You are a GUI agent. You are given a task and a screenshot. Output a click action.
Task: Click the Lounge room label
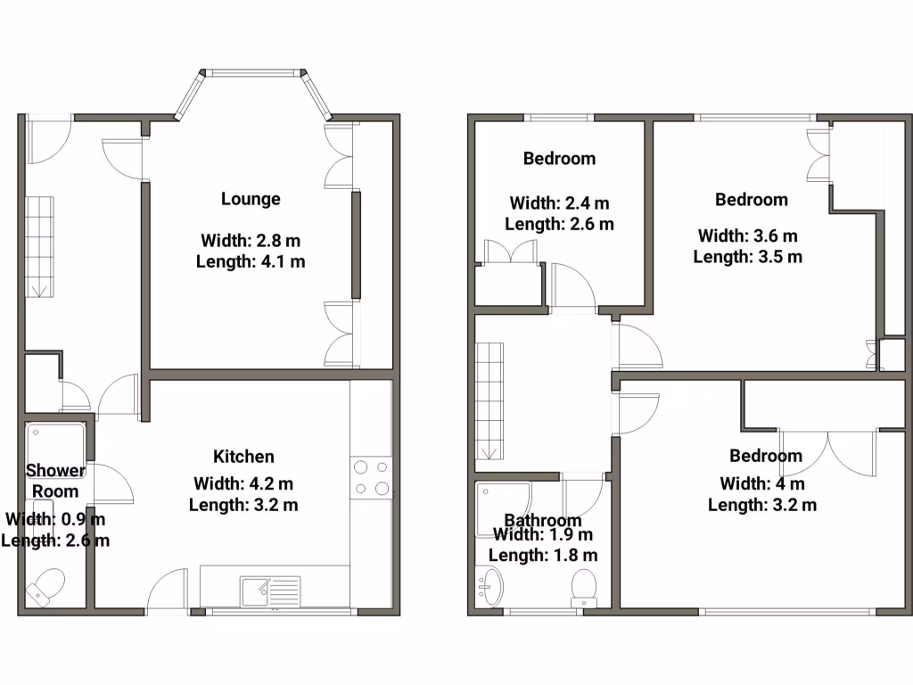coord(251,199)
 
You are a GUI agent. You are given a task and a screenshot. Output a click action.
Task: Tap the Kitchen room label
coord(243,457)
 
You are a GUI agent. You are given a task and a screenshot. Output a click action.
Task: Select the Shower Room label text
coord(55,481)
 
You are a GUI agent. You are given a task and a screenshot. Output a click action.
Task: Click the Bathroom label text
coord(543,520)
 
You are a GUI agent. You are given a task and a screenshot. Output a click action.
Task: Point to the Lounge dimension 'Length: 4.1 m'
coord(250,261)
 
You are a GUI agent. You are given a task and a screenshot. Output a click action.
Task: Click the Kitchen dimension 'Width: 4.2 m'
coord(243,483)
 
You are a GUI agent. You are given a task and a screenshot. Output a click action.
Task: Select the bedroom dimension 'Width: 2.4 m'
coord(559,203)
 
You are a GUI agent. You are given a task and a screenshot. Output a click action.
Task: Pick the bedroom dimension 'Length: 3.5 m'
coord(747,257)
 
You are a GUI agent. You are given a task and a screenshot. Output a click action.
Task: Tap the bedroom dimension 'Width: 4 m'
coord(762,483)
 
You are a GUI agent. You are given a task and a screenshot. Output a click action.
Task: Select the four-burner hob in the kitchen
coord(371,477)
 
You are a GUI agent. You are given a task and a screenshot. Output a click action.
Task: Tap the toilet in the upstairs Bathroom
coord(584,587)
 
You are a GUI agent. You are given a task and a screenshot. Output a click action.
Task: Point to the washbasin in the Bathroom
coord(489,585)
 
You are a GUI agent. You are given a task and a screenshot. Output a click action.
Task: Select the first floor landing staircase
coord(489,401)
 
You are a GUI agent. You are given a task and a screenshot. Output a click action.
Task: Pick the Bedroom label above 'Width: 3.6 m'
coord(751,199)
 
